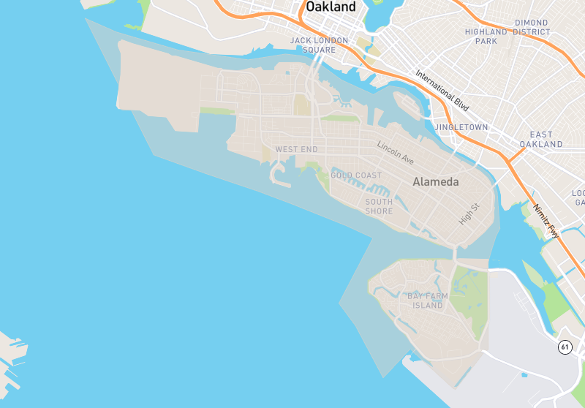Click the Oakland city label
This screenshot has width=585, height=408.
pyautogui.click(x=331, y=7)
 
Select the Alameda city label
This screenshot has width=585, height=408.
pyautogui.click(x=436, y=182)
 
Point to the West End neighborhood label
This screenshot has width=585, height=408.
pyautogui.click(x=296, y=150)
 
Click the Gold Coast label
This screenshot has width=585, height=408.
pyautogui.click(x=356, y=175)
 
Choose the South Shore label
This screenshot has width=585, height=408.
pyautogui.click(x=379, y=206)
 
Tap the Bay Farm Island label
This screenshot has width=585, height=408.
pyautogui.click(x=426, y=301)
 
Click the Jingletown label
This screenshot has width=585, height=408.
pyautogui.click(x=461, y=127)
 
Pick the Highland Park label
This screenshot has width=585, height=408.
pyautogui.click(x=486, y=37)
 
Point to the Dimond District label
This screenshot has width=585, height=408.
pyautogui.click(x=531, y=28)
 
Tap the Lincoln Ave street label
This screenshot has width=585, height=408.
pyautogui.click(x=396, y=152)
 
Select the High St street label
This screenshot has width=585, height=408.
pyautogui.click(x=468, y=214)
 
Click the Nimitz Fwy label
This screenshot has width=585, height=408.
pyautogui.click(x=546, y=221)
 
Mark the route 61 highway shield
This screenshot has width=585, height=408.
pyautogui.click(x=565, y=347)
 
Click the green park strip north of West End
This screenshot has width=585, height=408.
pyautogui.click(x=218, y=112)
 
